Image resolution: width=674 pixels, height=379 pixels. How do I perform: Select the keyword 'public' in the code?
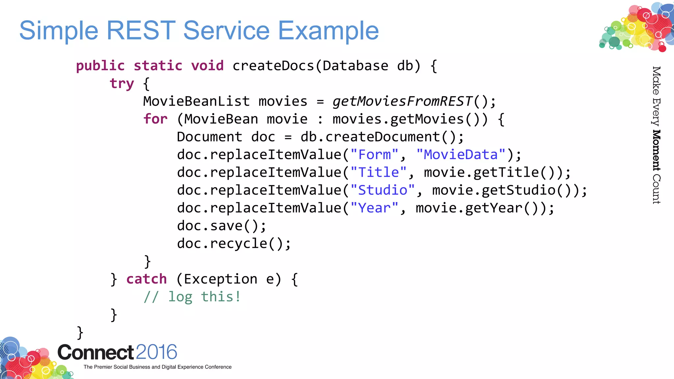point(100,66)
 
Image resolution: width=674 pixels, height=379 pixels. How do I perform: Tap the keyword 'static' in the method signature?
point(158,66)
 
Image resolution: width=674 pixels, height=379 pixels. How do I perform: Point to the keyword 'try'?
point(122,84)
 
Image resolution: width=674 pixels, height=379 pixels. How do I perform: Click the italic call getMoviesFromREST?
point(402,101)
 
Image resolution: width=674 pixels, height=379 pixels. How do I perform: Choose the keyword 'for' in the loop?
point(155,119)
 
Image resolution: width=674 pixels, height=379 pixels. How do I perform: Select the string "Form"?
point(375,155)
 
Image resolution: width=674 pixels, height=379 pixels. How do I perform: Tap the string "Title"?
point(378,172)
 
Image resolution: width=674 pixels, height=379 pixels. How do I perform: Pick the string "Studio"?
point(382,190)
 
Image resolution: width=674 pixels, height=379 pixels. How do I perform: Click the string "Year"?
point(374,208)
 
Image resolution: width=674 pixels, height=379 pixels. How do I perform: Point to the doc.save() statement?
point(221,226)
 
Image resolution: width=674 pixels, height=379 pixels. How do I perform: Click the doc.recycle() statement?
point(234,243)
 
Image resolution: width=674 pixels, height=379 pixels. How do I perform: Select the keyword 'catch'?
point(146,279)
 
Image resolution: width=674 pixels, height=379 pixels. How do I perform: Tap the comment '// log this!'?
point(192,297)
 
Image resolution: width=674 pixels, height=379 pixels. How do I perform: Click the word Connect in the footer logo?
point(95,352)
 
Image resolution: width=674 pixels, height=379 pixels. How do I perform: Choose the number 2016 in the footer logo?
point(156,352)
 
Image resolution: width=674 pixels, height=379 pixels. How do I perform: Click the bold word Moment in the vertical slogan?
point(656,150)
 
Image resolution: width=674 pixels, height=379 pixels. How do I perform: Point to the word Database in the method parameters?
point(355,66)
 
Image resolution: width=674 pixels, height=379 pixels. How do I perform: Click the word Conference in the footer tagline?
point(218,367)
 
